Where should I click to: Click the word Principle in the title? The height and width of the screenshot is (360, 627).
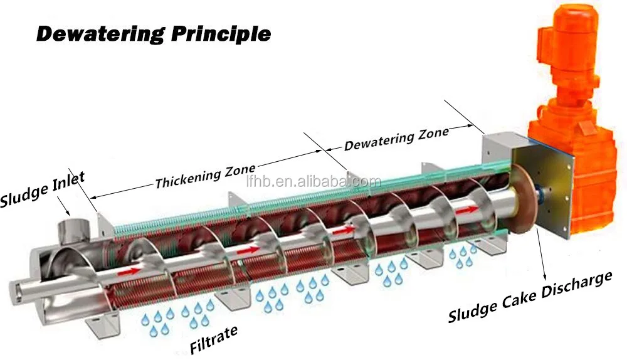[x=221, y=34]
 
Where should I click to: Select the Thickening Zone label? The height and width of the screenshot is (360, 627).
[x=205, y=176]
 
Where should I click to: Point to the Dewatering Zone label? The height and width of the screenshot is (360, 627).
[x=396, y=139]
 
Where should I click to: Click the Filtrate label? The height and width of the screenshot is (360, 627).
[x=214, y=339]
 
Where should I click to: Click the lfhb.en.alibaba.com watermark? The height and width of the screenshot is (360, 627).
[x=313, y=182]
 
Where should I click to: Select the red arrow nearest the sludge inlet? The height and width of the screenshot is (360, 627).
[x=129, y=271]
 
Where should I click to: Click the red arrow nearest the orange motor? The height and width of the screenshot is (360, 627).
[x=466, y=210]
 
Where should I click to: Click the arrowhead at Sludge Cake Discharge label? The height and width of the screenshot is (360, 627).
[x=544, y=277]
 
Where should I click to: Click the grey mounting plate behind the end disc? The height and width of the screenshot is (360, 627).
[x=544, y=188]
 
